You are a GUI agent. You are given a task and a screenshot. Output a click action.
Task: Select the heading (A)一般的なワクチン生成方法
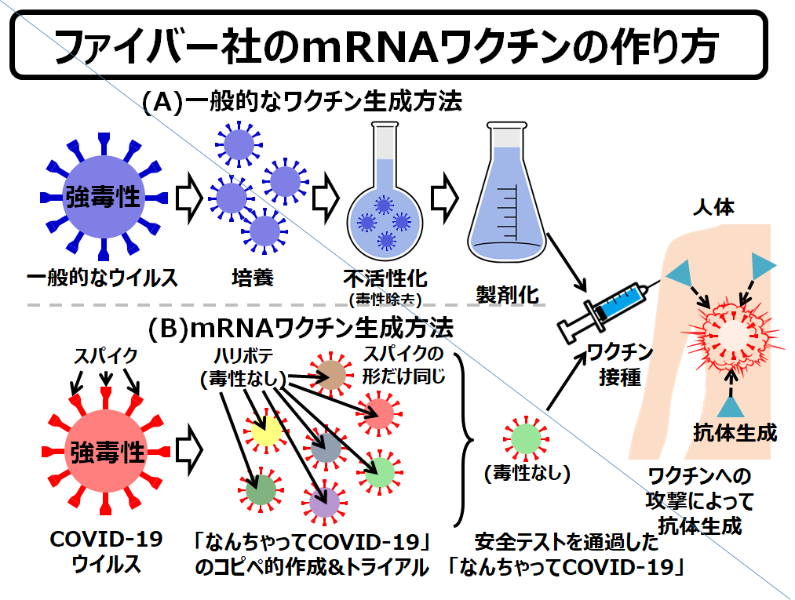[x=302, y=103]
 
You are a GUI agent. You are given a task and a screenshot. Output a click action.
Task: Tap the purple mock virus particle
[x=323, y=500]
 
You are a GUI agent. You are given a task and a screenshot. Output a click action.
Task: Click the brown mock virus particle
[x=333, y=375]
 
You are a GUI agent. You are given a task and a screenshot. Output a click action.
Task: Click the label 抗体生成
[x=735, y=432]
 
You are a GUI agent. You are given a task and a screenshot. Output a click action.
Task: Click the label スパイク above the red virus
[x=106, y=355]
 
